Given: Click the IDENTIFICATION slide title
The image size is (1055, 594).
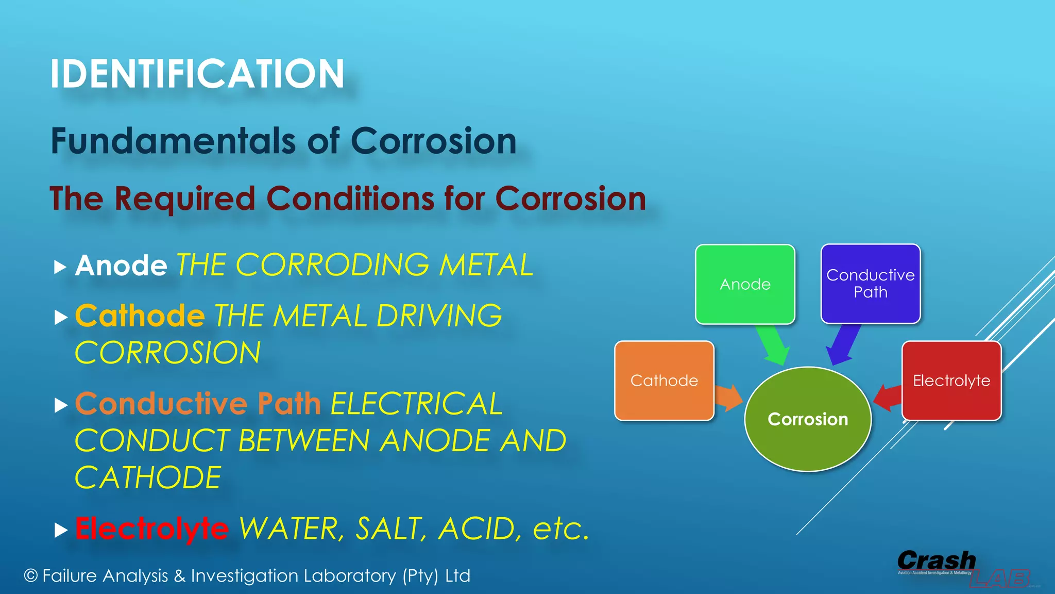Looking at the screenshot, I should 197,74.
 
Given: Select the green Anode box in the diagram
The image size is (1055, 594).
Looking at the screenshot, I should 745,284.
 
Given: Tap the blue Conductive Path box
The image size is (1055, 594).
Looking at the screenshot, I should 871,284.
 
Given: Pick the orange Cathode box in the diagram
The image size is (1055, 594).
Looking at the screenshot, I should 664,381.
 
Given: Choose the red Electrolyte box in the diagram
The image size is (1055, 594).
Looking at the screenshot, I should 951,381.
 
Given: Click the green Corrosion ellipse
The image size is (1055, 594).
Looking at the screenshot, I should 808,419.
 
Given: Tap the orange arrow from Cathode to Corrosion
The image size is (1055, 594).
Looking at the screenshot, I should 728,397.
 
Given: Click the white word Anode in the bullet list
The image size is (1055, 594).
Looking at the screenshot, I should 121,266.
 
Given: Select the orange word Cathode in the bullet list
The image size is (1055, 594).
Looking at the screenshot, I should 140,316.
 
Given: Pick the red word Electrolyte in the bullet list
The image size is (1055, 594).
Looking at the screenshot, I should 152,529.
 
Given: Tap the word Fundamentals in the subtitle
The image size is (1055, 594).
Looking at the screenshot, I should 173,141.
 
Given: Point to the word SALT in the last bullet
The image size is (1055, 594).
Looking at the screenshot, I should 391,529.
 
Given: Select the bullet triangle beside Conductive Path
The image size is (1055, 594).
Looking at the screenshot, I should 61,405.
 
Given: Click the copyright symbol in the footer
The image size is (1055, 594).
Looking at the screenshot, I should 31,575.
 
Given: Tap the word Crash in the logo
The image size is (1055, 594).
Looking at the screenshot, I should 936,560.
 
